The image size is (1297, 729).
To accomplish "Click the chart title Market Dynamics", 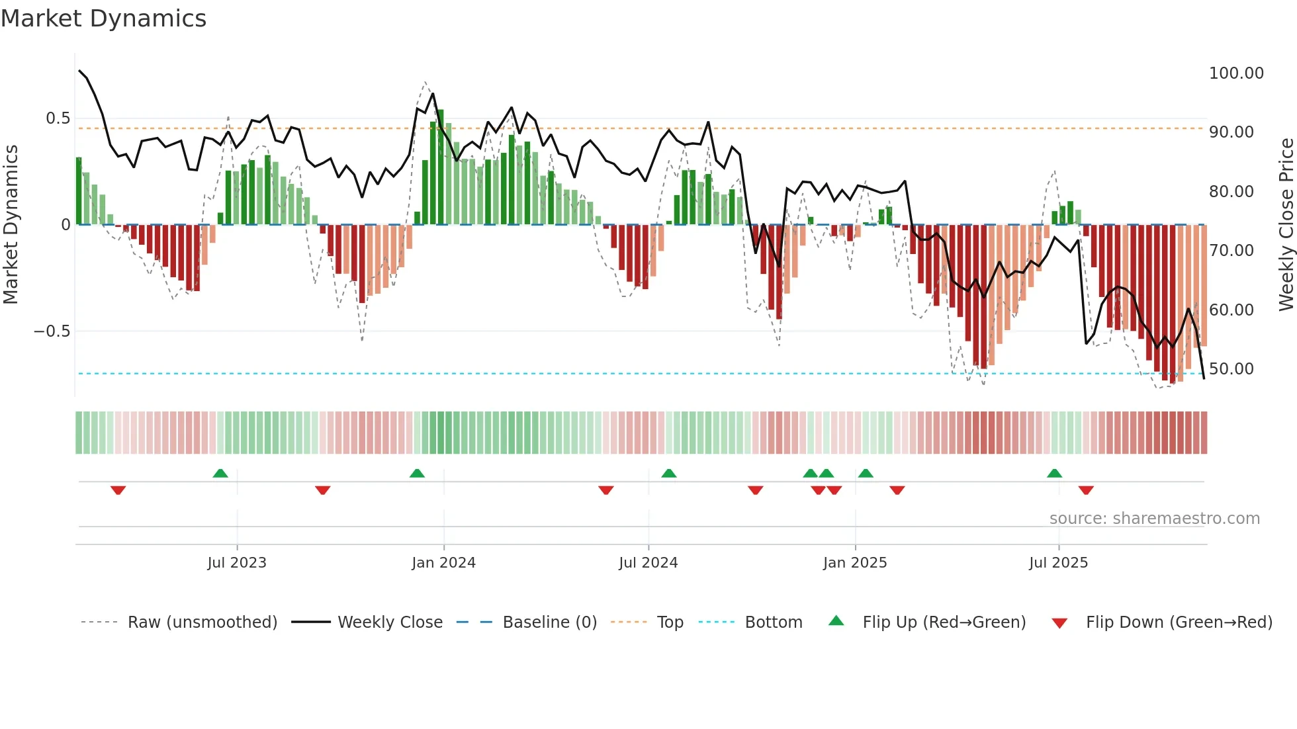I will pyautogui.click(x=104, y=19).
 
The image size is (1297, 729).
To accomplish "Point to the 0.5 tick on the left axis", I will pyautogui.click(x=58, y=118).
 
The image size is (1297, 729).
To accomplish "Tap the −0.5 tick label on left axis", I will pyautogui.click(x=52, y=331).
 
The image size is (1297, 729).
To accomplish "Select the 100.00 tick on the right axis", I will pyautogui.click(x=1236, y=73).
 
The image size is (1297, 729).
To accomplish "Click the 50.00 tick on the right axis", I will pyautogui.click(x=1231, y=369).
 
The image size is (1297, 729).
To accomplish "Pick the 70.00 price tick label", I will pyautogui.click(x=1231, y=251).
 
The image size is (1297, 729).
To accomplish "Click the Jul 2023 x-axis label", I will pyautogui.click(x=237, y=563).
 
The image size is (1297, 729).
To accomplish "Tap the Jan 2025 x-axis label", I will pyautogui.click(x=855, y=563).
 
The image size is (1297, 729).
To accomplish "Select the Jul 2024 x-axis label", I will pyautogui.click(x=648, y=563).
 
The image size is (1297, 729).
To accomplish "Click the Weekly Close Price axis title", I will pyautogui.click(x=1286, y=225).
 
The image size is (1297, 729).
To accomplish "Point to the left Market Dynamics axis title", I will pyautogui.click(x=11, y=225).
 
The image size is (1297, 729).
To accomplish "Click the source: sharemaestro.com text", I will pyautogui.click(x=1154, y=519).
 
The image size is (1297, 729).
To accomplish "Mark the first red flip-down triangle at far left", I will pyautogui.click(x=118, y=490).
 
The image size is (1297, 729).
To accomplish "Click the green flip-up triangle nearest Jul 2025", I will pyautogui.click(x=1054, y=474).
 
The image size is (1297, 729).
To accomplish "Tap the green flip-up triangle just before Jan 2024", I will pyautogui.click(x=417, y=474).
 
